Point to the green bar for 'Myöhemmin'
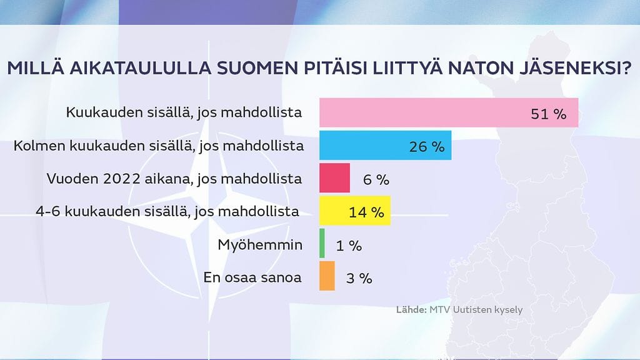322,244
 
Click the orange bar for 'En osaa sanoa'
327,276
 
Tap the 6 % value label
376,179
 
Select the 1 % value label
349,245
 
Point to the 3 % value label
359,278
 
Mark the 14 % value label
366,212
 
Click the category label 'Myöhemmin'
259,244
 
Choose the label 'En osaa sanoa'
252,277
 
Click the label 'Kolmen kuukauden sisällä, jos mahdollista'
159,146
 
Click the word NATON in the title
486,68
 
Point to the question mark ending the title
626,68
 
